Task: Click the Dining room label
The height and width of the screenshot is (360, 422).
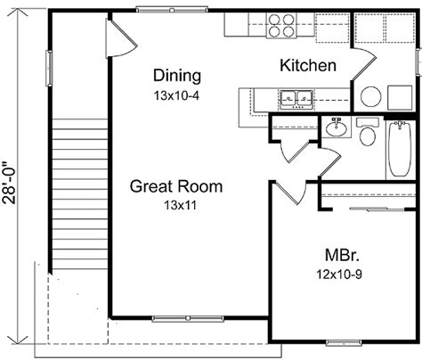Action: click(x=177, y=76)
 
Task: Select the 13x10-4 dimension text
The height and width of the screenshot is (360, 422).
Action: click(x=176, y=95)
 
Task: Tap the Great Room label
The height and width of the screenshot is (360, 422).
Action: click(x=176, y=186)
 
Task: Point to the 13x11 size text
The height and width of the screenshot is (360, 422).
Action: click(x=180, y=205)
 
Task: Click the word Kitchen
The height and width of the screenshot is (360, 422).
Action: click(x=308, y=65)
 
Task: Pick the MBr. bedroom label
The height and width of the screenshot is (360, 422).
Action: click(x=342, y=255)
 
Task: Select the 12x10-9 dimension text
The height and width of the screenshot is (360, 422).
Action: click(x=339, y=274)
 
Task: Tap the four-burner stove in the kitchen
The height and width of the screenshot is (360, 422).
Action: click(x=281, y=26)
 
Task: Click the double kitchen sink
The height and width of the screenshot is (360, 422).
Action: click(x=296, y=98)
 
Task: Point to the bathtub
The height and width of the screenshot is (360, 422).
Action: click(x=400, y=148)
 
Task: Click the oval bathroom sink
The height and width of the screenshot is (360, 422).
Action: click(x=337, y=128)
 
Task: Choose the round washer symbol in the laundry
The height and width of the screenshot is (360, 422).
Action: click(x=371, y=97)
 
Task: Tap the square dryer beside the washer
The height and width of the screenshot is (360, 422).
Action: click(x=400, y=97)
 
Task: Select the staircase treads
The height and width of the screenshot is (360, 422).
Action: click(x=79, y=194)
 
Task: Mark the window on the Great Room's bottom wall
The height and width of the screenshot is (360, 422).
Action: click(x=188, y=319)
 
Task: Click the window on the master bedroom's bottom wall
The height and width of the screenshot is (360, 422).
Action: click(x=344, y=343)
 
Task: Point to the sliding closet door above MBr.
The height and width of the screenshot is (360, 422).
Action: click(x=377, y=209)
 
